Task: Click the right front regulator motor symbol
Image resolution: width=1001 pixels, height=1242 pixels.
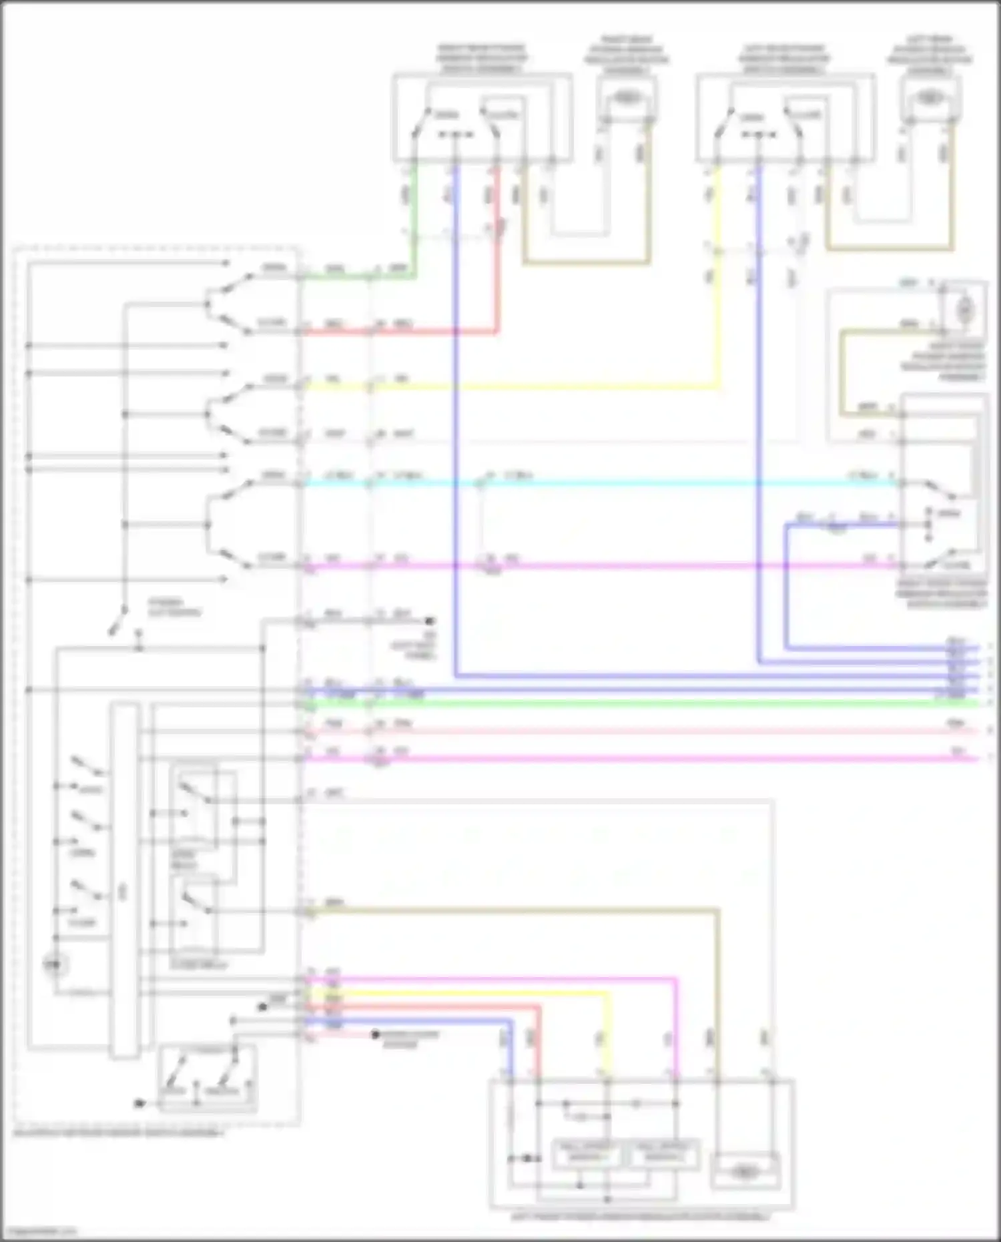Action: [x=964, y=309]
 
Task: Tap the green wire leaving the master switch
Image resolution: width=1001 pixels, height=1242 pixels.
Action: [x=347, y=276]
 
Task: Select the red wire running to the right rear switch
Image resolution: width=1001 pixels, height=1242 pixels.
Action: [x=427, y=331]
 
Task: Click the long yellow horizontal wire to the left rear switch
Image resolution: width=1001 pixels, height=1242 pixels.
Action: [x=534, y=386]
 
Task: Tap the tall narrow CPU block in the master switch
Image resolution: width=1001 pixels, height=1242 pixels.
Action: [x=124, y=881]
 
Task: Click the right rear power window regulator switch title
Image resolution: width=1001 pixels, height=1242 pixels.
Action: [x=481, y=59]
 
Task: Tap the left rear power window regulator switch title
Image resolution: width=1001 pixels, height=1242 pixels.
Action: [x=783, y=59]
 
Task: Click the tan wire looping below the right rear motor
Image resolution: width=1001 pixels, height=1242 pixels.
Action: [x=587, y=262]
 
